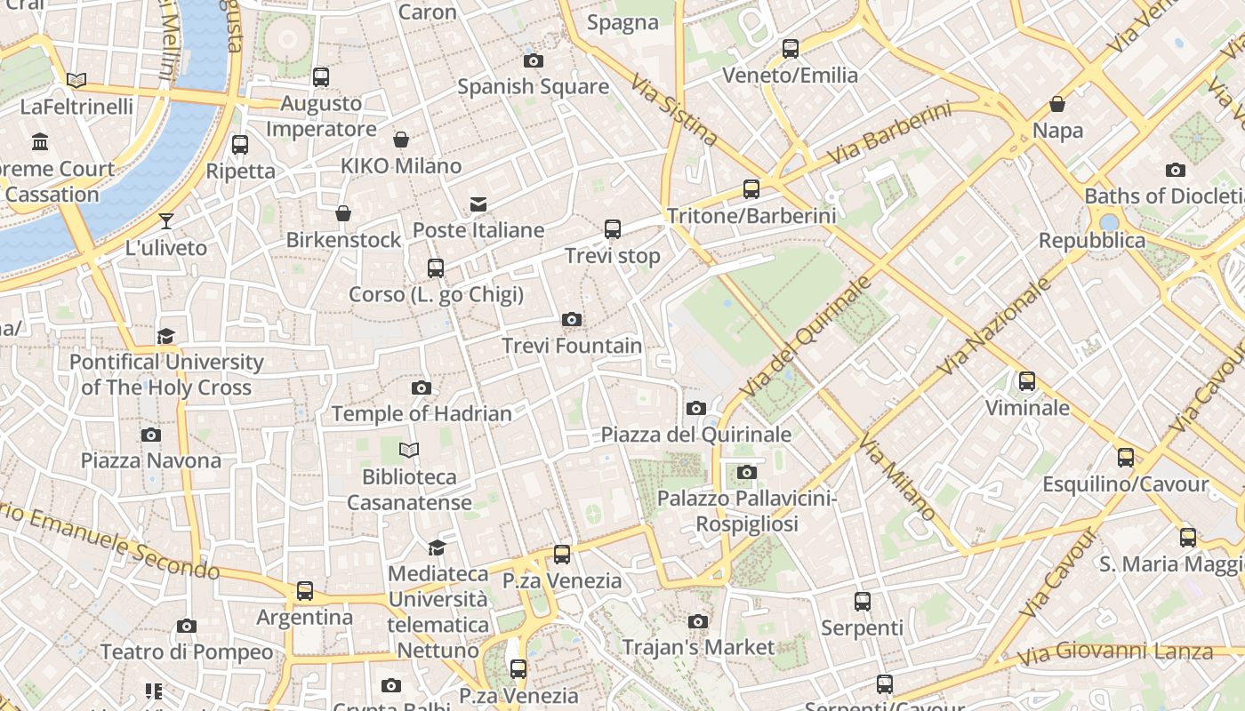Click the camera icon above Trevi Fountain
[572, 320]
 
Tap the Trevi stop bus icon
[612, 229]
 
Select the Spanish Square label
[533, 86]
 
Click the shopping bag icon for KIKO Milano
[401, 140]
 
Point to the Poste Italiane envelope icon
[478, 204]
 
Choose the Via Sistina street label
[674, 110]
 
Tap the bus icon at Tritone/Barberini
[751, 189]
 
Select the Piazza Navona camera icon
[151, 435]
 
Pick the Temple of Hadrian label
[422, 413]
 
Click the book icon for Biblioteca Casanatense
[408, 451]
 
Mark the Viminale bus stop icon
[1027, 381]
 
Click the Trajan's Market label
[698, 647]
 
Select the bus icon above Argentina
[305, 590]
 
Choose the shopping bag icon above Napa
[1057, 105]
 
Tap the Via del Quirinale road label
[807, 337]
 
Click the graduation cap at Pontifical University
[166, 336]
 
